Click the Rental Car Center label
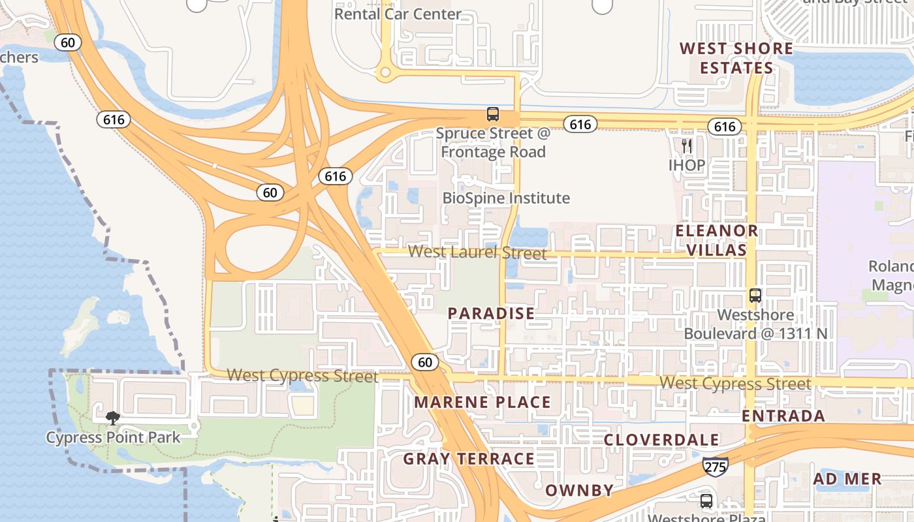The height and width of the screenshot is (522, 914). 398,14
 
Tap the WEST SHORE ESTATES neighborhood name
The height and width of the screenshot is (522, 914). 736,58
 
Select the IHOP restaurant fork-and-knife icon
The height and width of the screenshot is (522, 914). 687,146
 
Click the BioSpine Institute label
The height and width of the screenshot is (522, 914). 506,198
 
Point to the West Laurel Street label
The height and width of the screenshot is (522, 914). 477,252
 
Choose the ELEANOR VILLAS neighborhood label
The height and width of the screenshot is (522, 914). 716,240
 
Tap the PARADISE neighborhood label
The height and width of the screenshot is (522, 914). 492,314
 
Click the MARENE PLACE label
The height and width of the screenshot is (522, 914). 482,402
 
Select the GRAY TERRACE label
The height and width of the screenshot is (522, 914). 469,459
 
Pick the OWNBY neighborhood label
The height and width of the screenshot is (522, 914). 579,490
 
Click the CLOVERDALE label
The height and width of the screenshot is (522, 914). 661,440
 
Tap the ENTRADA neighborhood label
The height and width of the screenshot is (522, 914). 783,416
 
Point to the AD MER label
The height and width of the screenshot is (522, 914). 847,479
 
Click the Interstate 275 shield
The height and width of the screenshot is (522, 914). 716,467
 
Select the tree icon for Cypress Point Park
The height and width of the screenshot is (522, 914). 113,418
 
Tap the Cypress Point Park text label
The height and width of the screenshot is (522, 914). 113,437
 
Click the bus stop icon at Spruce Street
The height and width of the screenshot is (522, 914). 493,114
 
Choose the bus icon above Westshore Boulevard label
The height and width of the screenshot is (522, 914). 755,296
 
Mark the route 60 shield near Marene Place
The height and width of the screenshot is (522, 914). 424,362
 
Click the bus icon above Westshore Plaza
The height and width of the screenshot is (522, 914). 706,501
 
